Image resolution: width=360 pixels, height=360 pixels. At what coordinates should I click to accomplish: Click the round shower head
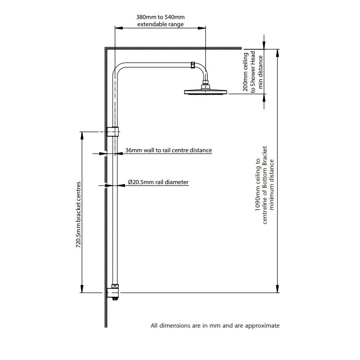coord(206,92)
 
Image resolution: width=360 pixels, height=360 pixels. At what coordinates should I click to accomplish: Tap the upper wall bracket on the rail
coord(114,132)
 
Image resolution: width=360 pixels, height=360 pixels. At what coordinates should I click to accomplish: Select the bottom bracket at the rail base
coord(113,292)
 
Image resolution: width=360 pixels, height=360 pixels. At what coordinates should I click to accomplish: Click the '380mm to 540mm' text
coord(160,17)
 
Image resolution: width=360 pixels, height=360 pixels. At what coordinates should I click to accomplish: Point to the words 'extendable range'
coord(160,24)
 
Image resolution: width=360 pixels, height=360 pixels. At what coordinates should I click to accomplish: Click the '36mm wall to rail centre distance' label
coord(169,150)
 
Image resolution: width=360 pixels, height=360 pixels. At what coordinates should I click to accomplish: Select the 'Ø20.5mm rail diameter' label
coord(158,182)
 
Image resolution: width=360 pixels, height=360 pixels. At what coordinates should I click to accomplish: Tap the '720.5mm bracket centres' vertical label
coord(78,214)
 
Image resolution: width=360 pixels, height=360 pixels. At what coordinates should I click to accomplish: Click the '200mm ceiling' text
coord(246,72)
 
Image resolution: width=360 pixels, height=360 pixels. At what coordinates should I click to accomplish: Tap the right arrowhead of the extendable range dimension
coord(202,28)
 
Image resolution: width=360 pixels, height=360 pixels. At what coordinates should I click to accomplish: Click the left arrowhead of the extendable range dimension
coord(119,28)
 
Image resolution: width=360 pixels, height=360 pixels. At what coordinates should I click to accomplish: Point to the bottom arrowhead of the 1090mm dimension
coord(277,289)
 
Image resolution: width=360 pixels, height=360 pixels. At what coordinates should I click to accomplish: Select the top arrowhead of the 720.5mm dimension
coord(81,136)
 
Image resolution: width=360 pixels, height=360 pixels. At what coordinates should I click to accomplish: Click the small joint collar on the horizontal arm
coord(193,65)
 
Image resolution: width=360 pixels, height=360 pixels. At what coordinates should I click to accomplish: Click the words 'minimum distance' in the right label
coord(272,185)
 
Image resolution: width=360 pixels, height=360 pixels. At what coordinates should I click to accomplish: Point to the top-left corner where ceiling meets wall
coord(105,47)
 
